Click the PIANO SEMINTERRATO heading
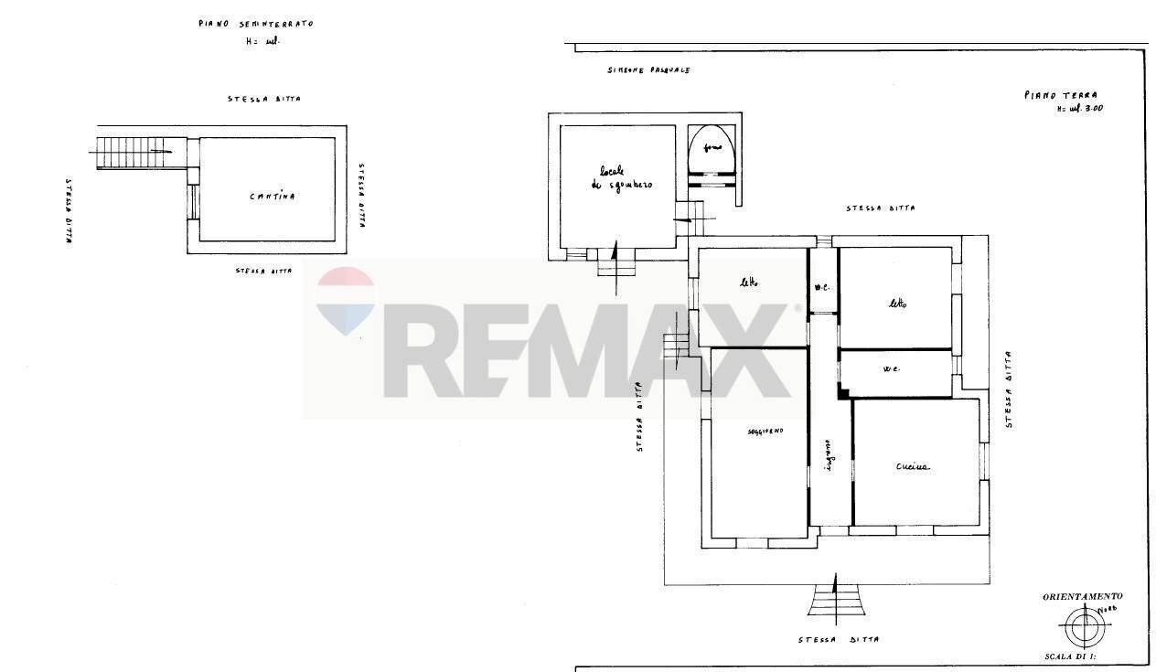coord(255,24)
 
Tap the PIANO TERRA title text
coord(1060,94)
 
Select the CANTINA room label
coord(273,197)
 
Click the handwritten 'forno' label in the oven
coord(712,147)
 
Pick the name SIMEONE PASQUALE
coord(648,70)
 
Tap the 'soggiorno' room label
coord(765,430)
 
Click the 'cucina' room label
coord(912,466)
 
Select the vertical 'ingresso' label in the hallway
coord(829,453)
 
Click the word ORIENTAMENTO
coord(1082,596)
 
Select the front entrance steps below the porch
coord(837,601)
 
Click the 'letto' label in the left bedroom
coord(749,283)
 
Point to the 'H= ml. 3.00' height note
coord(1079,109)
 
